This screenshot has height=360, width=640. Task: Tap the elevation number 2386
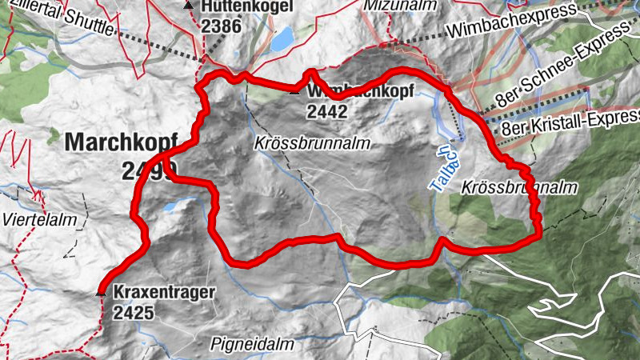click(x=221, y=26)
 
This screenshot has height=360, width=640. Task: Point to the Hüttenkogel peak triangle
click(x=188, y=6)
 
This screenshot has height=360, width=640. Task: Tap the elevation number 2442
click(x=326, y=113)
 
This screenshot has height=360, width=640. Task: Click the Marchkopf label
click(x=119, y=142)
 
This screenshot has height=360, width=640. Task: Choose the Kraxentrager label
click(x=164, y=293)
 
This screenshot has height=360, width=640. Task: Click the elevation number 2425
click(x=133, y=314)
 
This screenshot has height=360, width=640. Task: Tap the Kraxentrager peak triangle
click(x=101, y=293)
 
